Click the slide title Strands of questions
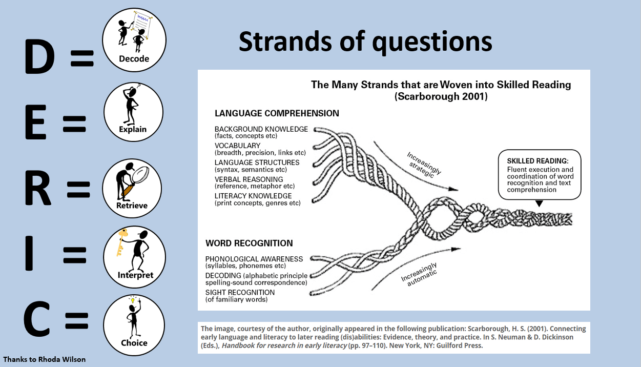[x=365, y=42]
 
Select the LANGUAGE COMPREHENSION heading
[x=277, y=113]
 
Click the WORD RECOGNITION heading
[x=249, y=243]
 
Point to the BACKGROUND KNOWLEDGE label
[x=261, y=129]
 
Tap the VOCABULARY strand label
[x=237, y=146]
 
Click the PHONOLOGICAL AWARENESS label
[x=254, y=259]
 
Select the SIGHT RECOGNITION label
[x=240, y=292]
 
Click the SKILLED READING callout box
[x=540, y=175]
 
